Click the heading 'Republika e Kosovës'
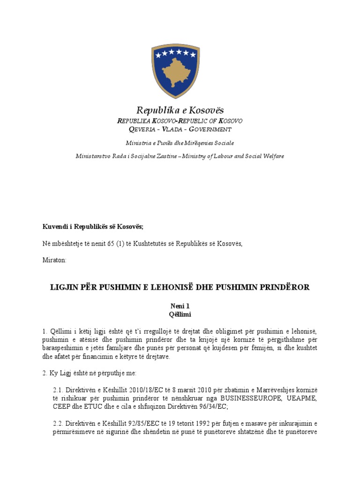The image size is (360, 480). (180, 110)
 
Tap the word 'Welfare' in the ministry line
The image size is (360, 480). (271, 156)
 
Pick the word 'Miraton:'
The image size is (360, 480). (54, 260)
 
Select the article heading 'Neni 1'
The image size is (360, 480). (180, 306)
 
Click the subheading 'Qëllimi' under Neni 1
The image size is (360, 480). (180, 314)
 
